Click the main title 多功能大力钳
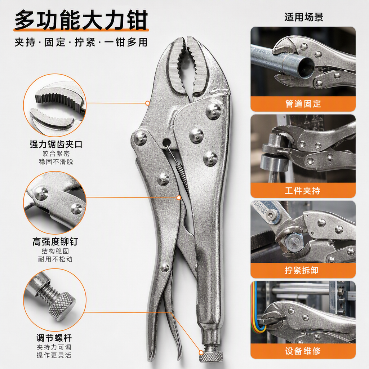click(x=81, y=20)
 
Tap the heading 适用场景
click(x=303, y=17)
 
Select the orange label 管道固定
click(x=303, y=103)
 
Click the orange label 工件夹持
click(x=303, y=190)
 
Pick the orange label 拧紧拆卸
click(x=302, y=270)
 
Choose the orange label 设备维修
click(x=303, y=351)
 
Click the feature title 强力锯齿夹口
click(x=56, y=144)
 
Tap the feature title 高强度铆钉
click(x=55, y=242)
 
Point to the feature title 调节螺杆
click(x=54, y=338)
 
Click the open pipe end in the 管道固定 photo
click(x=304, y=67)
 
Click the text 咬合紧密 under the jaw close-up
click(x=56, y=154)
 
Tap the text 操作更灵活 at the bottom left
click(x=54, y=355)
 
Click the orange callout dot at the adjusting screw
click(x=201, y=352)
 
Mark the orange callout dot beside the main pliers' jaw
click(x=147, y=103)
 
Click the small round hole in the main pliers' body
click(x=166, y=142)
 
